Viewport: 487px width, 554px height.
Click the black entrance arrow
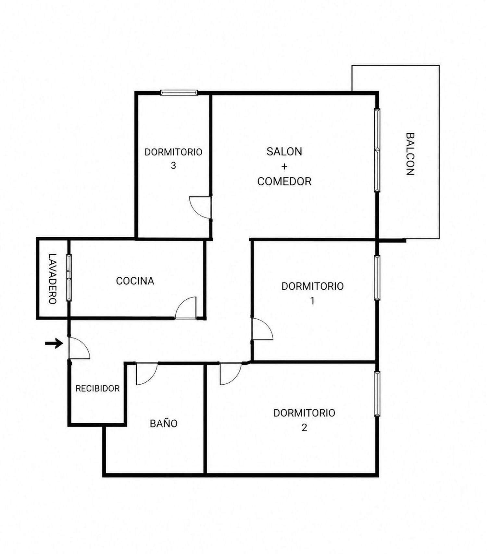(54, 343)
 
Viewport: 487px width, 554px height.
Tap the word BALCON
(410, 154)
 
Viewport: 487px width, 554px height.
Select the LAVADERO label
(53, 279)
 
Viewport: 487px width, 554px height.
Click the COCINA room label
(135, 281)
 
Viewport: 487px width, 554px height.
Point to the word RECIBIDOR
(97, 388)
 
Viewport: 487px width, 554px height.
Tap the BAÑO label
(164, 423)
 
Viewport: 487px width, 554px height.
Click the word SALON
(284, 152)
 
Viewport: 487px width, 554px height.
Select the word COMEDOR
(284, 181)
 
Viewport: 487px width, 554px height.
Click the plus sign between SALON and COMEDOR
(284, 166)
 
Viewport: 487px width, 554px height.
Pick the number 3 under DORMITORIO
(173, 165)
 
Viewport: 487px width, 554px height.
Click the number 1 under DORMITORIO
(312, 301)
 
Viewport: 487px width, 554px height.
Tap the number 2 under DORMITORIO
(304, 428)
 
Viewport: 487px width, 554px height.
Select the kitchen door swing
(186, 308)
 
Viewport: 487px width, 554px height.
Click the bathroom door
(147, 374)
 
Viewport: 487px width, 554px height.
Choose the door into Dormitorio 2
(231, 374)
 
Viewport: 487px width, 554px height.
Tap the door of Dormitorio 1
(262, 329)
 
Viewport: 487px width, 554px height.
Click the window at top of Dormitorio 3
(179, 93)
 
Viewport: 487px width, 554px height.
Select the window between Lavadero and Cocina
(69, 278)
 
